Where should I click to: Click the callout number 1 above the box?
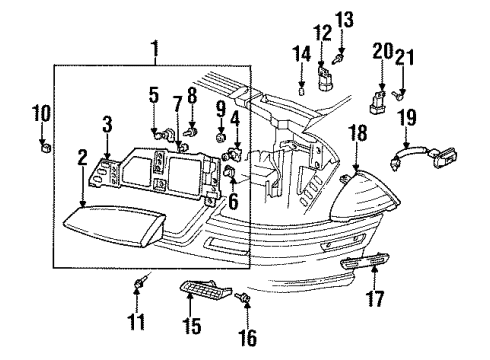(154, 47)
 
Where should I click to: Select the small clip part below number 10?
(44, 148)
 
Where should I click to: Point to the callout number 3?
(107, 125)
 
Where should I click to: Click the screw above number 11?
(139, 288)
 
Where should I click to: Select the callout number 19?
(408, 117)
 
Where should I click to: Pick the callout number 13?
(345, 19)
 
